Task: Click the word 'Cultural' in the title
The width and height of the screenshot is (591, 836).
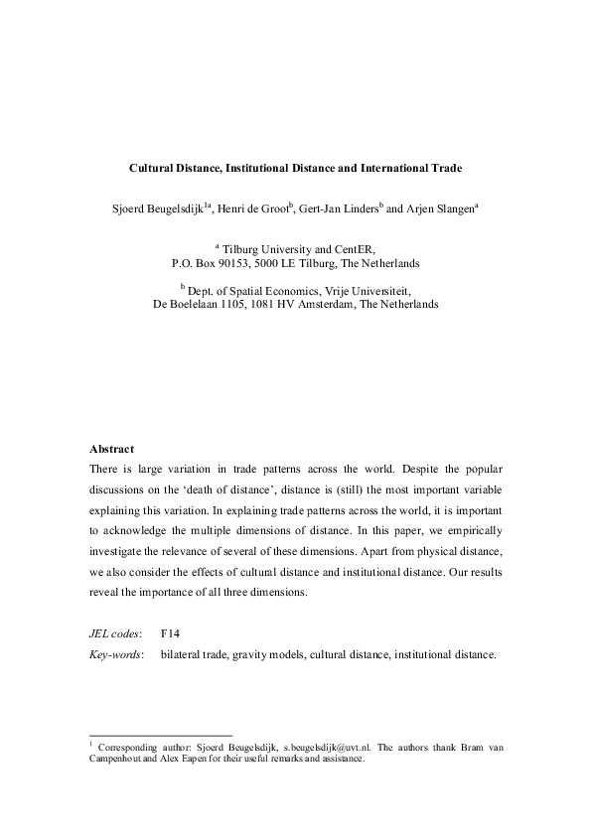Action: [153, 169]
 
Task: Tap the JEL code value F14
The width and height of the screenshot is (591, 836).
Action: [170, 632]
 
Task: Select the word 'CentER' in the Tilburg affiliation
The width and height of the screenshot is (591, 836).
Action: [353, 250]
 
